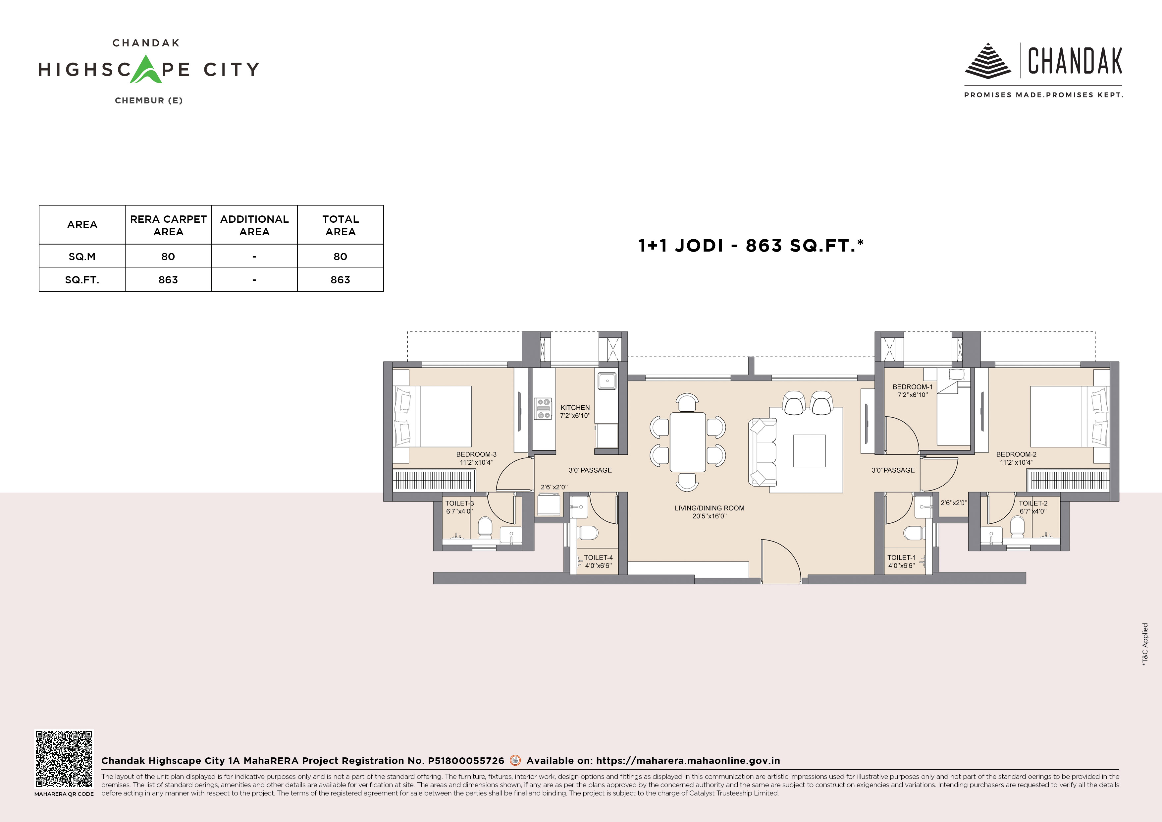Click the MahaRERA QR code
click(64, 758)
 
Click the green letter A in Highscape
click(146, 69)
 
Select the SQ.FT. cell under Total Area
click(340, 279)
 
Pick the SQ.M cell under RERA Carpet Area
click(168, 256)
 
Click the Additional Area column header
click(254, 225)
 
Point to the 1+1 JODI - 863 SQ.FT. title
click(751, 246)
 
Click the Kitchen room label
click(575, 408)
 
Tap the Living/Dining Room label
click(710, 508)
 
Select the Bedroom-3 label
click(476, 454)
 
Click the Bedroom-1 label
click(913, 387)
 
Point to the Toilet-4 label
click(598, 558)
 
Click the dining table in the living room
click(688, 441)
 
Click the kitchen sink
click(607, 381)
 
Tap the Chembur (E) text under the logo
click(149, 100)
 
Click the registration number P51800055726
click(466, 761)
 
